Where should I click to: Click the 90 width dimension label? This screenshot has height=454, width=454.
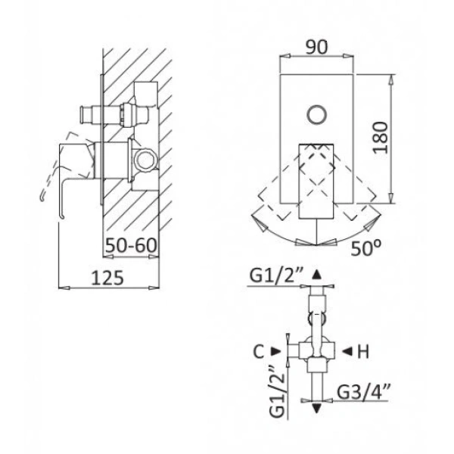click(x=317, y=47)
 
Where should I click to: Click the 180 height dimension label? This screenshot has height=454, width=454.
click(x=380, y=138)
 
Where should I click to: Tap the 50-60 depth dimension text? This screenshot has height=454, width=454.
click(x=131, y=245)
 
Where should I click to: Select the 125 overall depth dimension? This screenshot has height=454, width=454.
click(x=107, y=278)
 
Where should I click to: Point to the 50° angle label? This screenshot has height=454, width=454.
click(x=366, y=248)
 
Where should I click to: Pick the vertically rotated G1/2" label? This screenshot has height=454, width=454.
click(x=278, y=391)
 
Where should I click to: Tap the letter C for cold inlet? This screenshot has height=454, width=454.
click(x=259, y=352)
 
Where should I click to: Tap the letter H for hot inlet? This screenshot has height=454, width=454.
click(x=363, y=352)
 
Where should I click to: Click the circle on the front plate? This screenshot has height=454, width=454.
click(x=317, y=115)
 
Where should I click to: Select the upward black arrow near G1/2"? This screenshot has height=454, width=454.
click(x=317, y=275)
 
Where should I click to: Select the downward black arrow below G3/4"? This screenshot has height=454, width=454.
click(x=317, y=409)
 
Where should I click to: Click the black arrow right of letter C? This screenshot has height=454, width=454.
click(x=276, y=352)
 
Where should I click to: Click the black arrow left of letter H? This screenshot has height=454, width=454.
click(x=347, y=352)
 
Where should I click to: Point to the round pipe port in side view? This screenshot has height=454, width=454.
click(x=145, y=160)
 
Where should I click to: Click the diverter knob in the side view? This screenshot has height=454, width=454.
click(x=86, y=115)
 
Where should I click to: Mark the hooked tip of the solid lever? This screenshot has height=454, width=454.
click(x=62, y=216)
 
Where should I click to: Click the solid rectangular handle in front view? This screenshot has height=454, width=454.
click(x=316, y=182)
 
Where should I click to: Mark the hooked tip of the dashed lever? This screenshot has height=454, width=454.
click(x=42, y=198)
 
